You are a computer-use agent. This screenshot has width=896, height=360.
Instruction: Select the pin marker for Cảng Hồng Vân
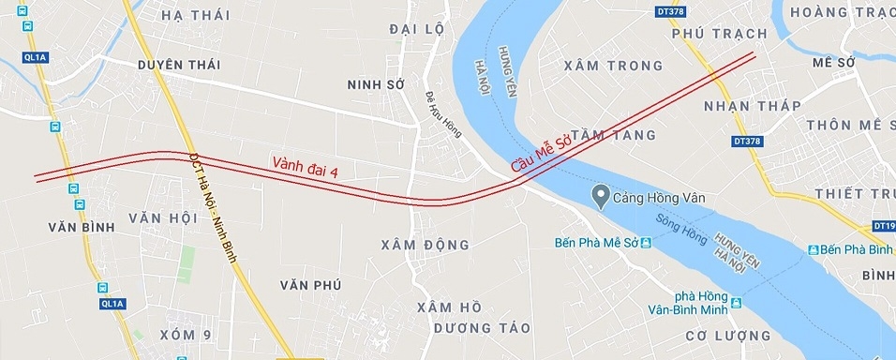tap(601, 196)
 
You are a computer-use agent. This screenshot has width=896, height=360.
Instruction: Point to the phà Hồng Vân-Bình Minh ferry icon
tap(737, 303)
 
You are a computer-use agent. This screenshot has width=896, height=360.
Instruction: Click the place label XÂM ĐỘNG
tap(426, 245)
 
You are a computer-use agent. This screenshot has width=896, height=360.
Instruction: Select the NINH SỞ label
tap(375, 84)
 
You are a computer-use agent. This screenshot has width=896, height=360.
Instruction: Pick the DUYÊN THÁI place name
tap(178, 65)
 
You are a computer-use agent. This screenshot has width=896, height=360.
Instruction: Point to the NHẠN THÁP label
tap(753, 105)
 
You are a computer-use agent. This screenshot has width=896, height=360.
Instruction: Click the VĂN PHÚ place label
tap(310, 284)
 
